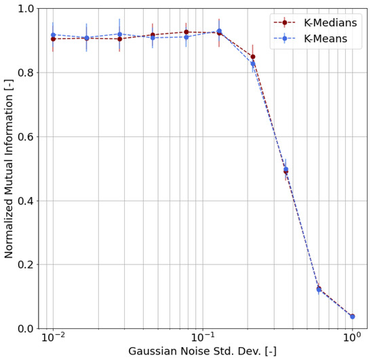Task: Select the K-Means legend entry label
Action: click(x=326, y=39)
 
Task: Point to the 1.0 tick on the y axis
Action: click(x=26, y=9)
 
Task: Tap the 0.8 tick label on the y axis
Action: click(x=26, y=73)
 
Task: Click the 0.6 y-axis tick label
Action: click(x=26, y=137)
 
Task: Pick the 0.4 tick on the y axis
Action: click(x=26, y=201)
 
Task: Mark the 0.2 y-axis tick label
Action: click(x=26, y=264)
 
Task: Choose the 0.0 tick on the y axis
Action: click(x=26, y=329)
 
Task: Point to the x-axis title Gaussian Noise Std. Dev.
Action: click(x=202, y=352)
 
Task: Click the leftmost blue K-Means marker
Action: click(x=53, y=35)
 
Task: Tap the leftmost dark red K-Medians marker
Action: click(x=53, y=39)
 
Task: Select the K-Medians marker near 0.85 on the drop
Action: click(x=253, y=57)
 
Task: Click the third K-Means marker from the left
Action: click(x=119, y=34)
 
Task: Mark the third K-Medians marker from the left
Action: click(x=119, y=39)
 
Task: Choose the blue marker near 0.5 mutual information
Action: click(x=286, y=169)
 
